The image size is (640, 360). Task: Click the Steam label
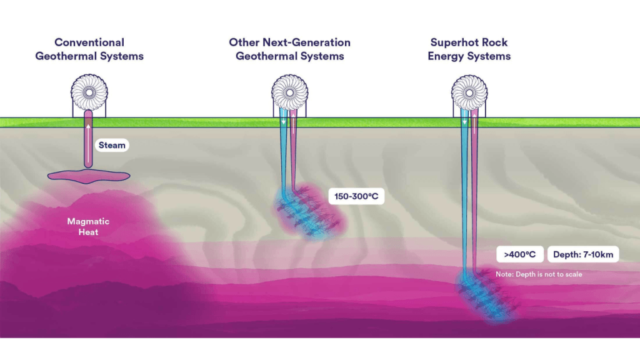click(x=112, y=145)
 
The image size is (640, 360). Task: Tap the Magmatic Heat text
click(x=89, y=227)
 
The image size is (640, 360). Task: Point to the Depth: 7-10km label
click(x=583, y=254)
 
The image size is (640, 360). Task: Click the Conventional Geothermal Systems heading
click(x=89, y=49)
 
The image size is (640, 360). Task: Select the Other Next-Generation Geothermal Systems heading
click(x=289, y=49)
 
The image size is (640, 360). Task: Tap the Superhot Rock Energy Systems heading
click(x=469, y=49)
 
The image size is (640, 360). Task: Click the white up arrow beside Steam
click(x=89, y=131)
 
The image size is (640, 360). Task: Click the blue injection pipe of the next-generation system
click(x=283, y=156)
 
